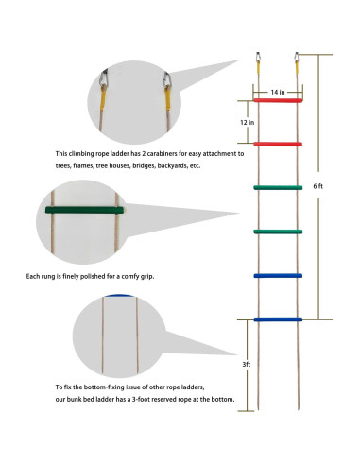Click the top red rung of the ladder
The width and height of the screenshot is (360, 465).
[278, 100]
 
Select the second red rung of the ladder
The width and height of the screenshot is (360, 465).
[278, 145]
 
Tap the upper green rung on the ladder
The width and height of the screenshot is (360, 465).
[278, 188]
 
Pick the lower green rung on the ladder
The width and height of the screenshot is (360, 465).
[278, 232]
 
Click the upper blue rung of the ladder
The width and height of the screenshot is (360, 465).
[278, 276]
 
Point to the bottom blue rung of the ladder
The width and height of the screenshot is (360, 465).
[278, 319]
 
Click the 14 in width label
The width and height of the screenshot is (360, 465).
[278, 92]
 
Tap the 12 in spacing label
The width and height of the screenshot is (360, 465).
[248, 122]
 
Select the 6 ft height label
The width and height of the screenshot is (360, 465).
[318, 186]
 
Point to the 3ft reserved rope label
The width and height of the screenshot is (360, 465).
[247, 364]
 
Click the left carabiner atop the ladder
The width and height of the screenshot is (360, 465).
[258, 57]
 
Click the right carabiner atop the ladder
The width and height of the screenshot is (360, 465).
[297, 57]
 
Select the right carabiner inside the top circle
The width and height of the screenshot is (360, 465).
[167, 79]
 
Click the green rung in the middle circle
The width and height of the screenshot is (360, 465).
[84, 210]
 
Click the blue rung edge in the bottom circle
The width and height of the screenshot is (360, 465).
[119, 296]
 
